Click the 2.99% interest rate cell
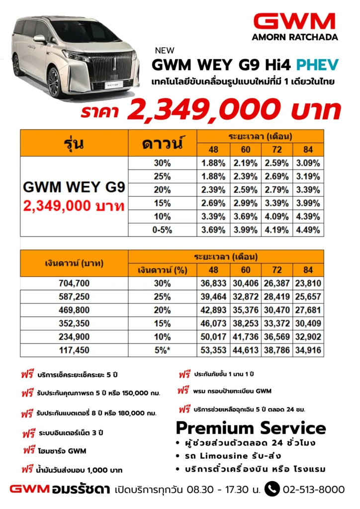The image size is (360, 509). click(246, 203)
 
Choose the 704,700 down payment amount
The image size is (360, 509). click(74, 283)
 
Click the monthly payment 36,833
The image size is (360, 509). click(213, 283)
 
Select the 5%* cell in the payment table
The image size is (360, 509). click(163, 350)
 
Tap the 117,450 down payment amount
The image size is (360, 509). click(74, 350)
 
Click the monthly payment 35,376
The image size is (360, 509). click(246, 310)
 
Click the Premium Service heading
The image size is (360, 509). click(251, 428)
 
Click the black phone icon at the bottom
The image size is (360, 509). click(271, 489)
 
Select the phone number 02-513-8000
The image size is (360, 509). click(313, 490)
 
